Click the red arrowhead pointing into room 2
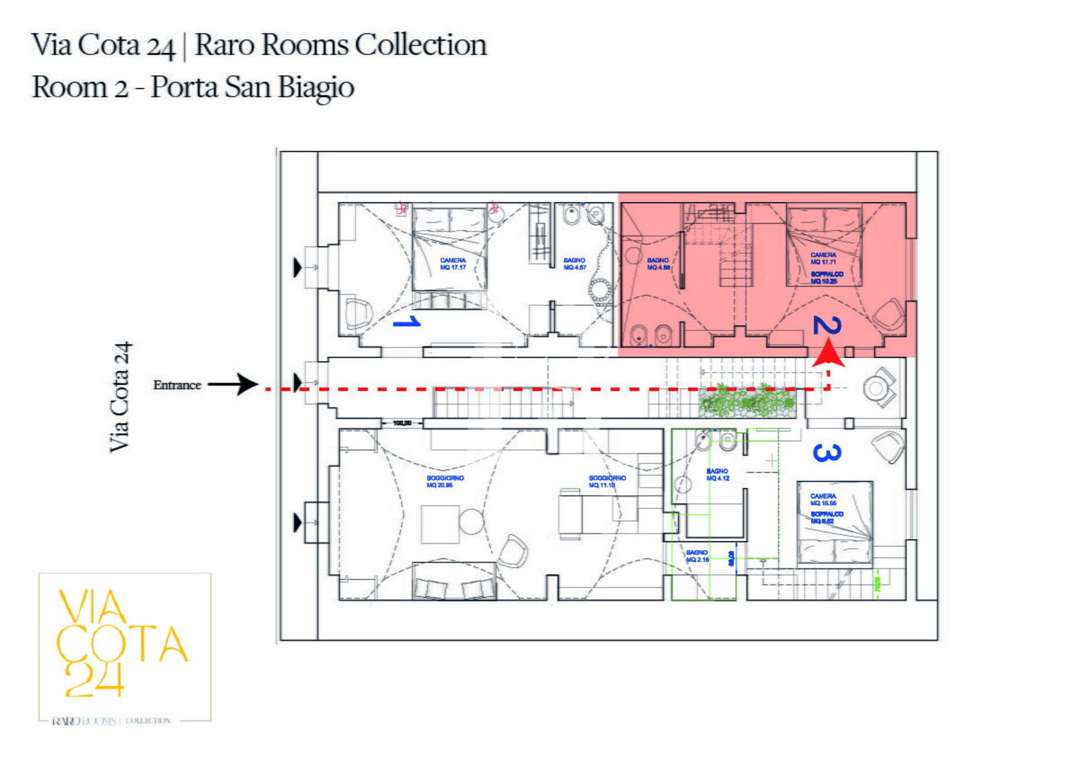tap(828, 356)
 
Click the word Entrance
tap(177, 385)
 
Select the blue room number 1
tap(407, 322)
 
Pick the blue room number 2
tap(827, 325)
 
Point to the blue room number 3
tap(827, 452)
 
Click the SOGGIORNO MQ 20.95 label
tap(445, 481)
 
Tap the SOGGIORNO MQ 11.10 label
tap(607, 481)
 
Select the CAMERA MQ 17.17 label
tap(453, 263)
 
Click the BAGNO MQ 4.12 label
tap(717, 475)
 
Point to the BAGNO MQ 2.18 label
tap(697, 555)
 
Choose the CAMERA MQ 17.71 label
tap(824, 258)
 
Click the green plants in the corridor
tap(746, 401)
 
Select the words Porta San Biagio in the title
tap(252, 87)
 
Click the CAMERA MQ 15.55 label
tap(823, 499)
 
